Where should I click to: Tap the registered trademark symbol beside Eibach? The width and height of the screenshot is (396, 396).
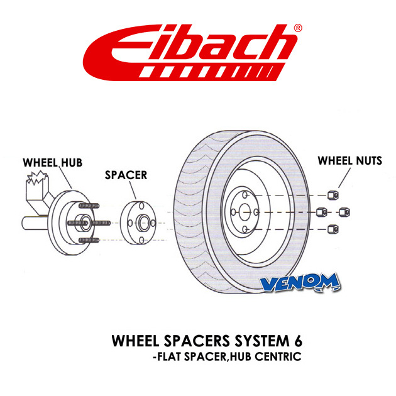[x=298, y=28]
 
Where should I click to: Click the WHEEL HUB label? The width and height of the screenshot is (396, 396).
[x=53, y=162]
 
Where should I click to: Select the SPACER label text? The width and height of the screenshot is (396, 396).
[x=126, y=175]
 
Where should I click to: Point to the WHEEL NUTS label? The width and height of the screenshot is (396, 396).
[x=349, y=161]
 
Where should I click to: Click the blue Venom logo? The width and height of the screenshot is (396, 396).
[x=300, y=282]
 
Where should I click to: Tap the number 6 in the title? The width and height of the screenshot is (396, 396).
[x=299, y=341]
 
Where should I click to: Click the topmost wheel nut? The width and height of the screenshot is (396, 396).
[x=333, y=195]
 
